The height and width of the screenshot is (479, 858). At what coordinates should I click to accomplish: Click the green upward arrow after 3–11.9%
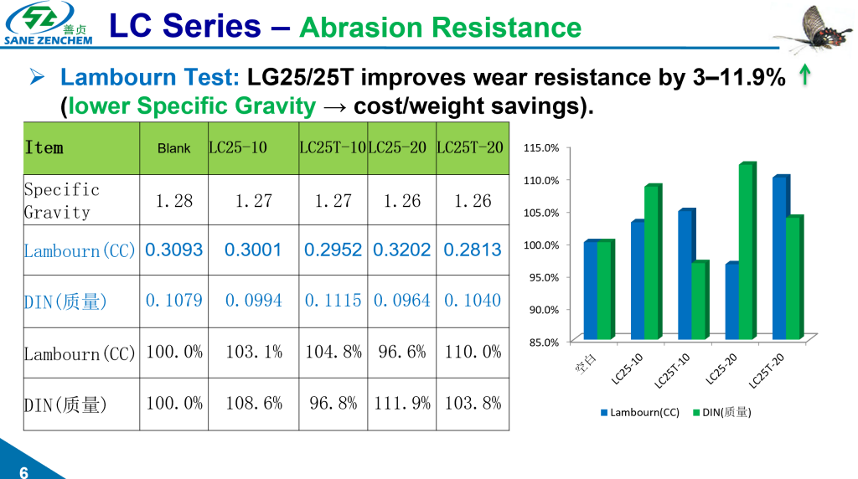(804, 77)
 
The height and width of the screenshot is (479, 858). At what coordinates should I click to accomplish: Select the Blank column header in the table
(174, 148)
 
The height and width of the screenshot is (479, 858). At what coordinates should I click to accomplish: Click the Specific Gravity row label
(63, 201)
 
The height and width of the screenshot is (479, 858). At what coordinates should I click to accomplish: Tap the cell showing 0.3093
(174, 250)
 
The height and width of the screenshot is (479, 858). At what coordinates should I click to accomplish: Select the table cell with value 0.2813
(472, 250)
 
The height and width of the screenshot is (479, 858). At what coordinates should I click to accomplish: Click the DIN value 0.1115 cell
(333, 300)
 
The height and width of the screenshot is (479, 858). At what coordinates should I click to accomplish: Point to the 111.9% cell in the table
(402, 403)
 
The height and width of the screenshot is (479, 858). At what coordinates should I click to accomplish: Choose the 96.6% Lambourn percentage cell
(402, 352)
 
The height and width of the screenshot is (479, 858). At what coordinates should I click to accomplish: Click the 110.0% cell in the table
(473, 352)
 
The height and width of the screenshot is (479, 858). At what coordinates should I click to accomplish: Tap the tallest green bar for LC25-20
(747, 251)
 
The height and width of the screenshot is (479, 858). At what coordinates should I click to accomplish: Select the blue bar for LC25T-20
(779, 258)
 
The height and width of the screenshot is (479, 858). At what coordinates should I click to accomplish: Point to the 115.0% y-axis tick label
(541, 148)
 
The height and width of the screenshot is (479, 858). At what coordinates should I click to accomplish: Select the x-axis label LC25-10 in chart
(628, 368)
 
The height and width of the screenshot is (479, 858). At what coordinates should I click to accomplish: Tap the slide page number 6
(23, 471)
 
